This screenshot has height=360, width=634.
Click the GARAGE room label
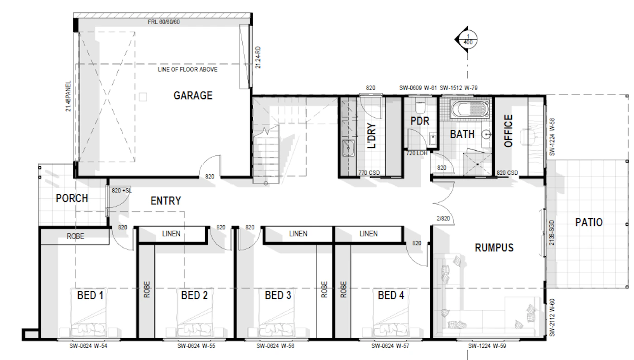click(x=193, y=96)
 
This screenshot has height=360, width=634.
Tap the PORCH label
click(x=72, y=198)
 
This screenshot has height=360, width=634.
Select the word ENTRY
click(x=166, y=201)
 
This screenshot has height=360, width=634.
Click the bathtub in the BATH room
click(x=471, y=109)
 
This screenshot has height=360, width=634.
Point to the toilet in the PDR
click(x=420, y=106)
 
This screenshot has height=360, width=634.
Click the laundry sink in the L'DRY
click(x=348, y=148)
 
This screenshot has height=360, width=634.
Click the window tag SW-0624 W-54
click(x=88, y=346)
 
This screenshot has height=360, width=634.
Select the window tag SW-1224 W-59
click(x=487, y=346)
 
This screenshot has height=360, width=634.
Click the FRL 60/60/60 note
click(x=163, y=22)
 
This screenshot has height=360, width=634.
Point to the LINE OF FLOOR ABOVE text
click(x=187, y=70)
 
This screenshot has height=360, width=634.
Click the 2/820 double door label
click(x=443, y=218)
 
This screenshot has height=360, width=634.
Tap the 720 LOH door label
click(x=417, y=154)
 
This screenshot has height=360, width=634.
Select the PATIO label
click(x=589, y=222)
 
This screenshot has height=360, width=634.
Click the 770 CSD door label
click(x=369, y=173)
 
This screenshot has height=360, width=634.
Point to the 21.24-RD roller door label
click(x=258, y=58)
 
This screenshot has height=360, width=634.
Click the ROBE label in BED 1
click(x=75, y=236)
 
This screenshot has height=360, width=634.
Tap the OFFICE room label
click(x=509, y=131)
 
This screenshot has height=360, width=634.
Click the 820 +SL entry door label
click(x=122, y=191)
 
